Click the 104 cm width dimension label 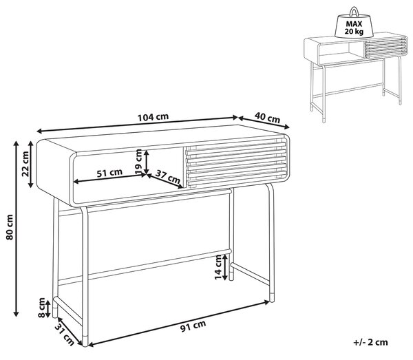pyautogui.click(x=153, y=117)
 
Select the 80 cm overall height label pyautogui.click(x=10, y=227)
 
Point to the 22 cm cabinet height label pyautogui.click(x=25, y=164)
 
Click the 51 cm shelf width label pyautogui.click(x=109, y=173)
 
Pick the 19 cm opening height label pyautogui.click(x=138, y=162)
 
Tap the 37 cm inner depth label pyautogui.click(x=168, y=177)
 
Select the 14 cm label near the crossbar pyautogui.click(x=219, y=267)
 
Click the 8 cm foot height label pyautogui.click(x=41, y=308)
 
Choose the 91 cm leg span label pyautogui.click(x=193, y=326)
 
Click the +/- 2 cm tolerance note pyautogui.click(x=371, y=342)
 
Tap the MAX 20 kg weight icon pyautogui.click(x=354, y=23)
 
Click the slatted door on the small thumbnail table pyautogui.click(x=385, y=47)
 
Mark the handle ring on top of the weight pyautogui.click(x=354, y=12)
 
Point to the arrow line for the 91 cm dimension pyautogui.click(x=178, y=324)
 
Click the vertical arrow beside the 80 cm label pyautogui.click(x=16, y=229)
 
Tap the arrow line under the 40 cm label pyautogui.click(x=264, y=123)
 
